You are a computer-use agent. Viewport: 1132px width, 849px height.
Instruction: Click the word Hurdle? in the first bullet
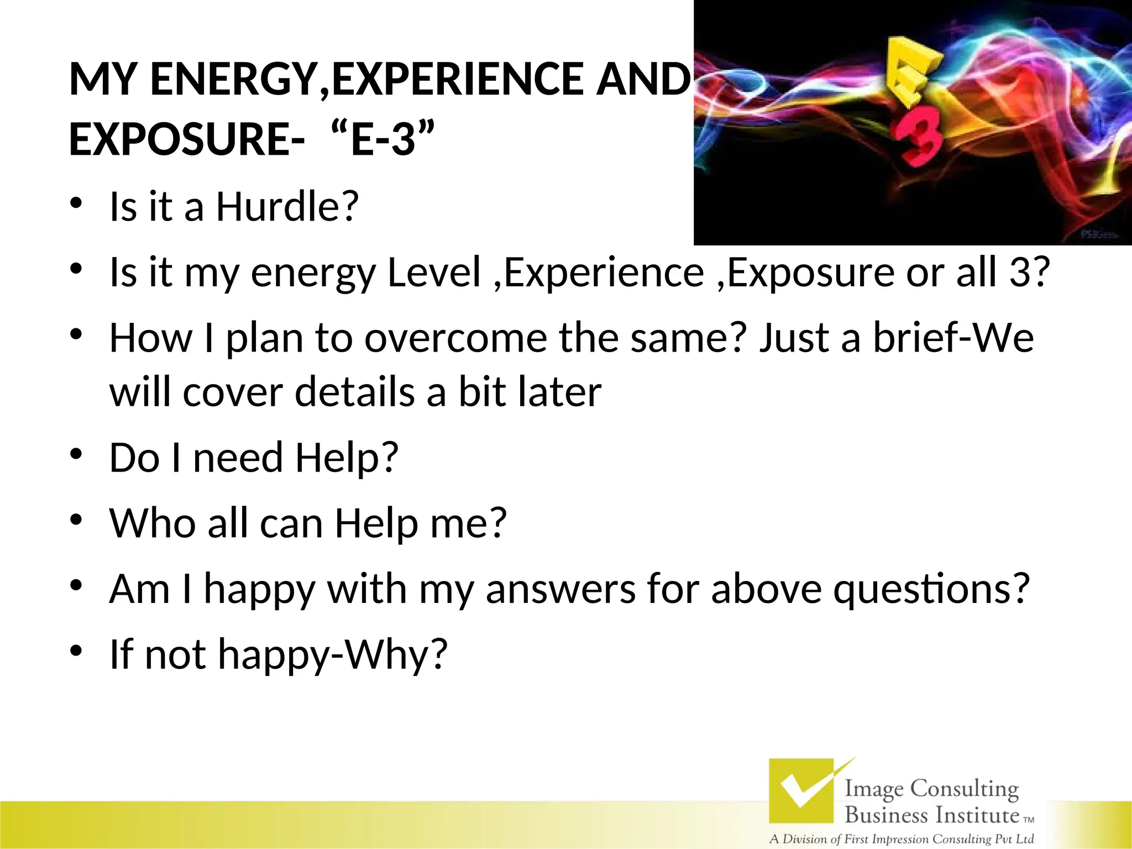point(287,207)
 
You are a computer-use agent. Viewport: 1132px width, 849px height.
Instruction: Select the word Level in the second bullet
point(434,272)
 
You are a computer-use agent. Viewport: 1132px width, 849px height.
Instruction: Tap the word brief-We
point(953,338)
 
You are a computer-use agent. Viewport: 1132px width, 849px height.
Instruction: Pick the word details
point(355,392)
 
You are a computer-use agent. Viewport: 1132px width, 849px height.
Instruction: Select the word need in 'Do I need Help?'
point(238,458)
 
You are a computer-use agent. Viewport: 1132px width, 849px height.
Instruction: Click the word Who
point(153,523)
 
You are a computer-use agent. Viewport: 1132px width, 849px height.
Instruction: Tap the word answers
point(560,589)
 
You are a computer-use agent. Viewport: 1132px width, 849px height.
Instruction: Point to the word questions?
point(931,589)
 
